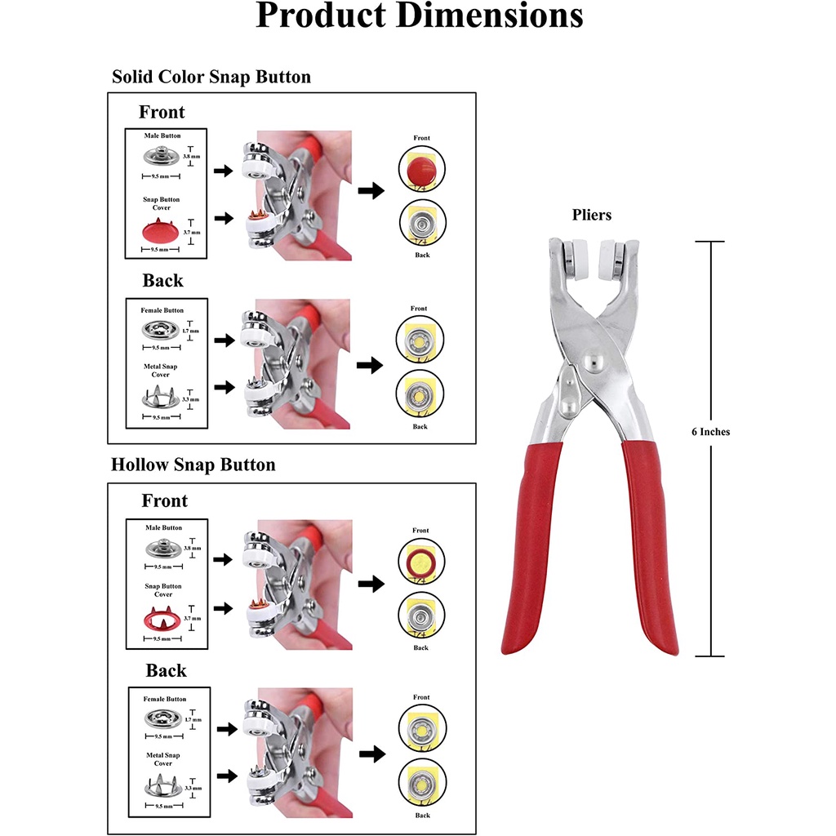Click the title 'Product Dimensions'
coord(419,16)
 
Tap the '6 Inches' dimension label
coord(710,432)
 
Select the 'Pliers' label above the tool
coord(592,216)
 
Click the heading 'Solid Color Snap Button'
coord(211,78)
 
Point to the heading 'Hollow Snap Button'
coord(193,465)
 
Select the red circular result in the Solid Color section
coord(421,171)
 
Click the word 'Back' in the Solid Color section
coord(162,281)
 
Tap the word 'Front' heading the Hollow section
coord(164,500)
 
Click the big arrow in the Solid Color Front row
coord(371,190)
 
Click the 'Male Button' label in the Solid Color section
coord(162,136)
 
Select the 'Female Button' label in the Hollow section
coord(165,700)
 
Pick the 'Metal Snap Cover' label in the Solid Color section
coord(160,371)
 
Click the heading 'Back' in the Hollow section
coord(166,671)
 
